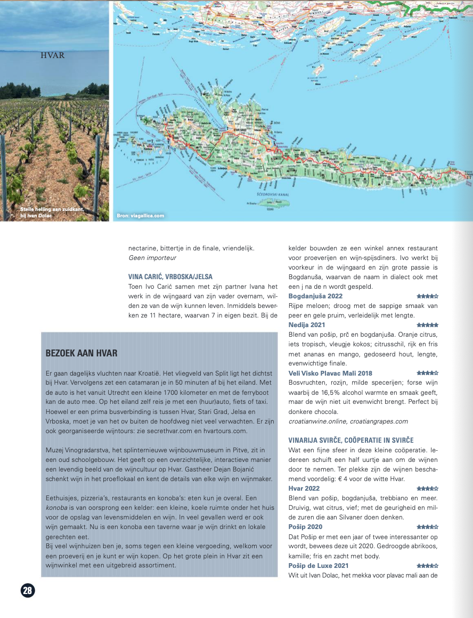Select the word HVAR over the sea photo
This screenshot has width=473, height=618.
(53, 55)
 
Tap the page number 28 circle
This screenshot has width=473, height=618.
(27, 590)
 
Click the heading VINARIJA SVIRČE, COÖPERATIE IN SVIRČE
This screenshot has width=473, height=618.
(351, 440)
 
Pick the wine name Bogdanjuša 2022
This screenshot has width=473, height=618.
(315, 296)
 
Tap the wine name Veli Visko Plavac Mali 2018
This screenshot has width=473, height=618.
(330, 373)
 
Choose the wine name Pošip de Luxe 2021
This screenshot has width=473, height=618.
(319, 565)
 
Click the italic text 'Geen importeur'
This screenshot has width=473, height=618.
(152, 257)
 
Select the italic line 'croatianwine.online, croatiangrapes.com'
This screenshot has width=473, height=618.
(348, 421)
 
